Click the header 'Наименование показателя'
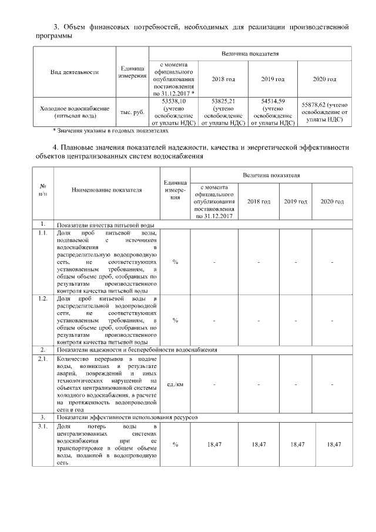click(x=107, y=190)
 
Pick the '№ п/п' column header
click(x=43, y=190)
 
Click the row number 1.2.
click(x=42, y=299)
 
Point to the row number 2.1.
click(x=42, y=358)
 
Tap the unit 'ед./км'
click(x=175, y=384)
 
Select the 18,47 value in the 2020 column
click(x=334, y=444)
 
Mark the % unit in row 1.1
click(x=175, y=262)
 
